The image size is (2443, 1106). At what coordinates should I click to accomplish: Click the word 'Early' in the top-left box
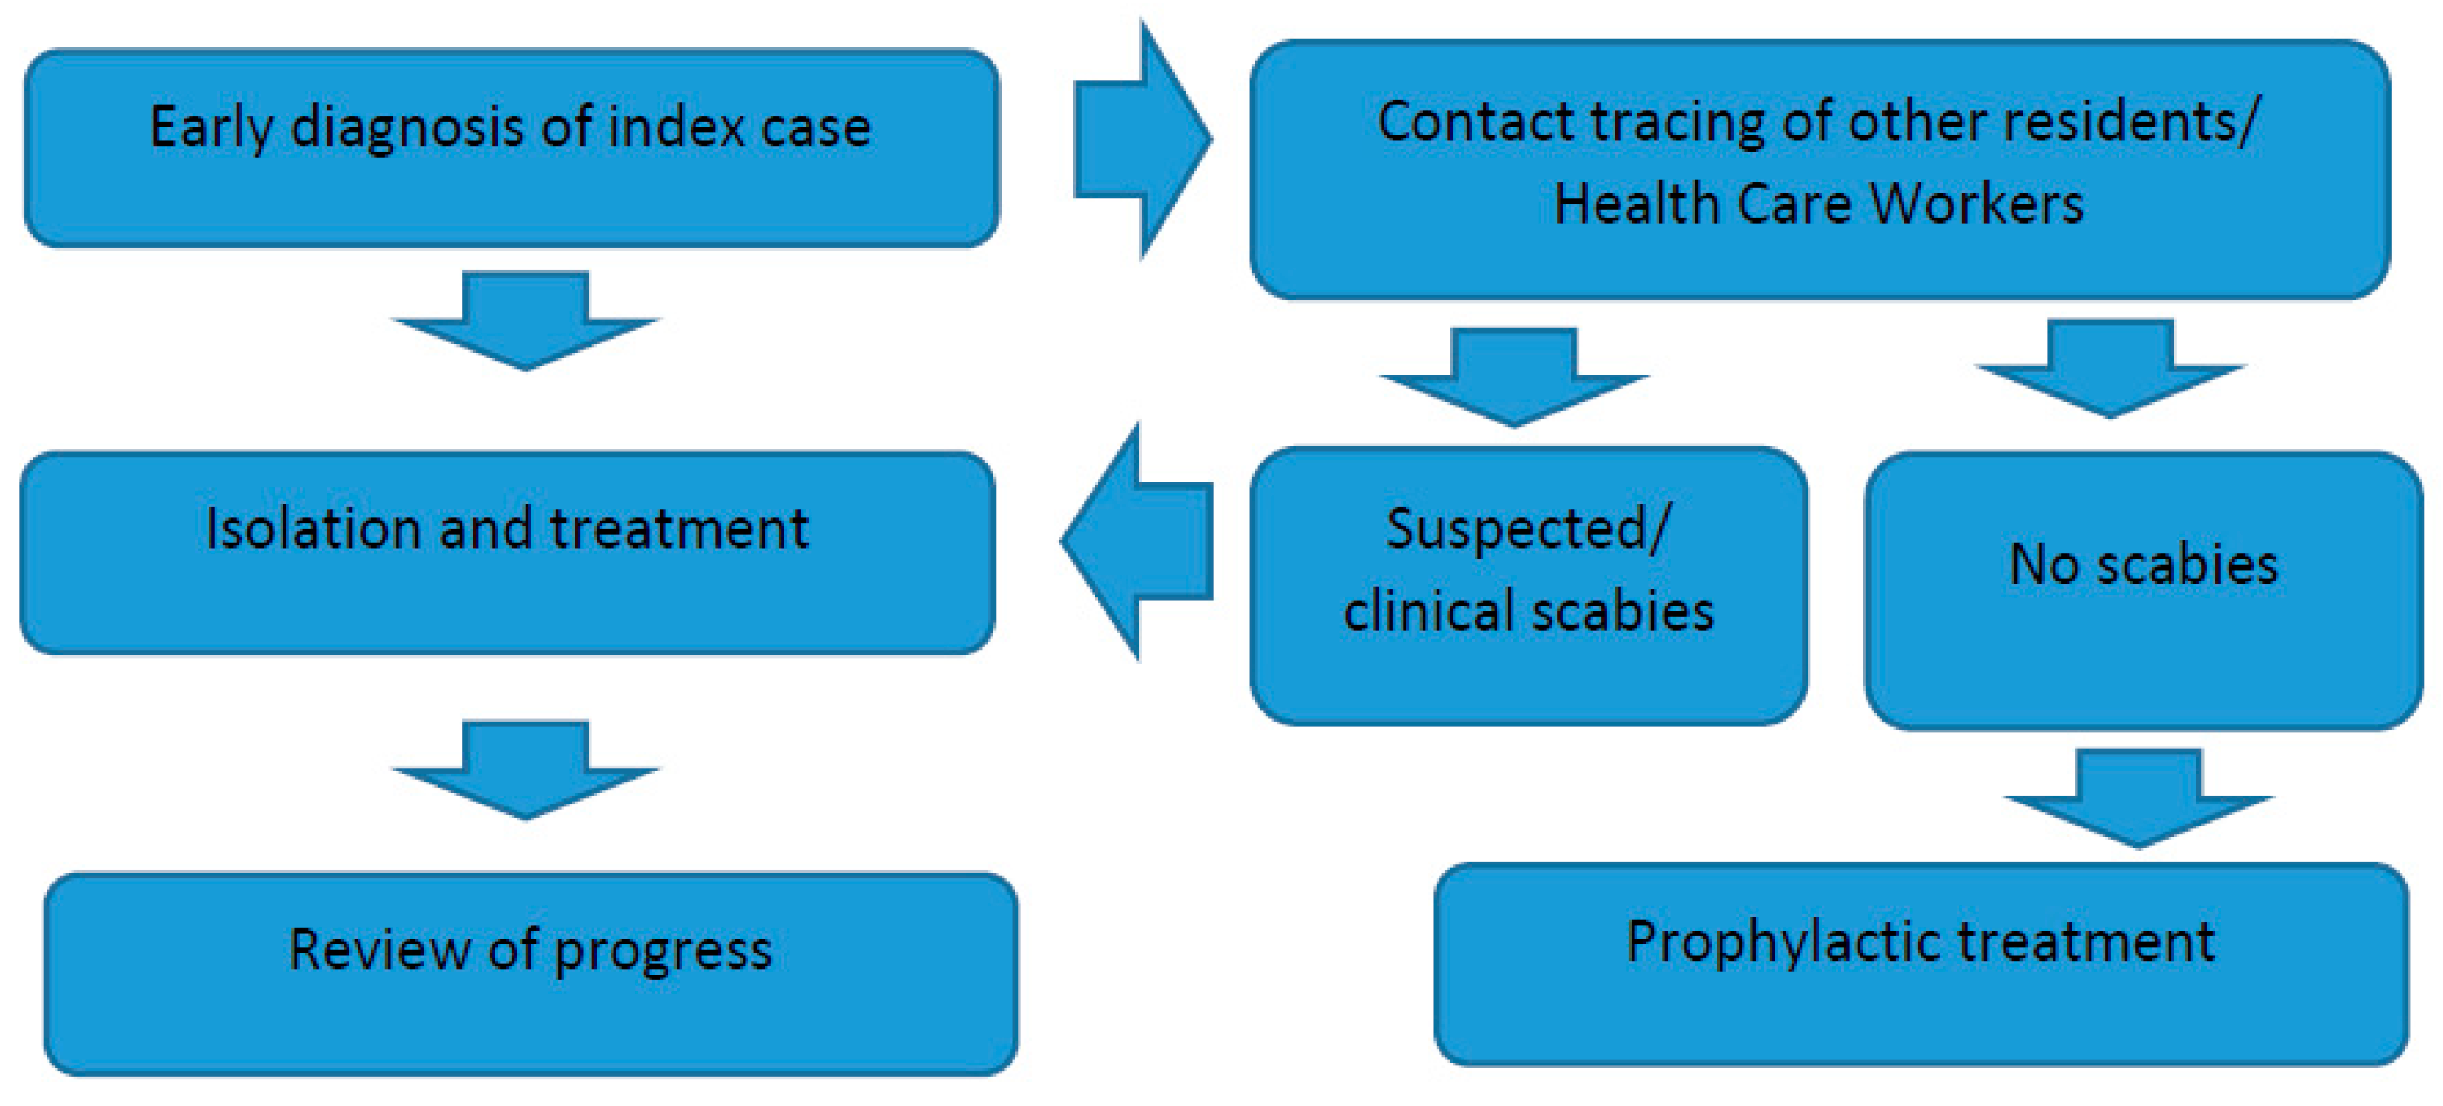(x=212, y=128)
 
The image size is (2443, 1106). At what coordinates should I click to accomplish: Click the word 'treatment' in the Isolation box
(x=679, y=528)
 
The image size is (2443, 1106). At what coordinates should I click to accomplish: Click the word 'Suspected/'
(x=1527, y=528)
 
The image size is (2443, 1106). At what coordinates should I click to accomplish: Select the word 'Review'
(x=379, y=949)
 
